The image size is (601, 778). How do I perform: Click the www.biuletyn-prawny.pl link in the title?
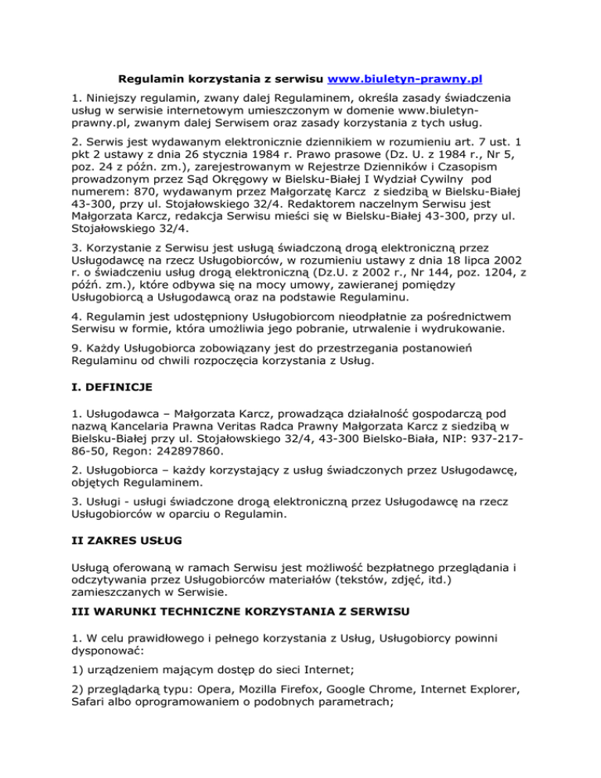pos(405,79)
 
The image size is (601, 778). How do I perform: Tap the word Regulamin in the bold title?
pos(149,79)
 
